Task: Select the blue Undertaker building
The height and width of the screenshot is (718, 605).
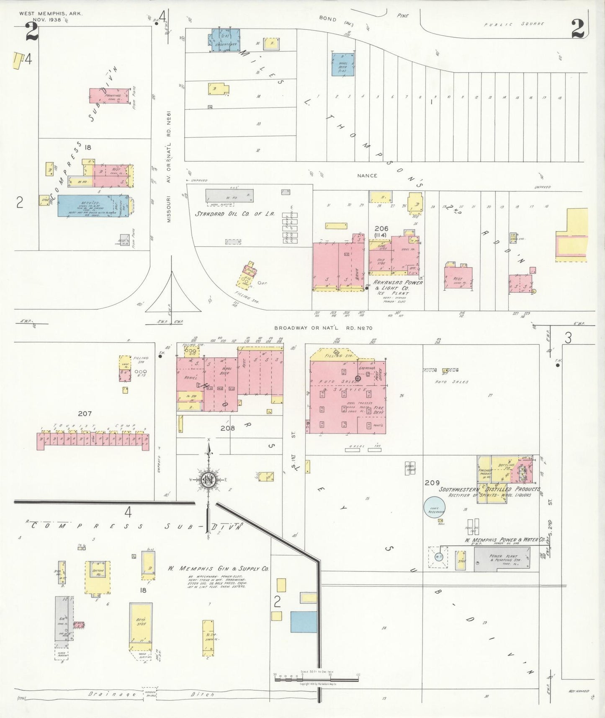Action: [x=225, y=41]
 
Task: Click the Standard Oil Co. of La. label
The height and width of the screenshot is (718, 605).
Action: [x=234, y=214]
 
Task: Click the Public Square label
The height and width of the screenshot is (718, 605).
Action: [x=514, y=24]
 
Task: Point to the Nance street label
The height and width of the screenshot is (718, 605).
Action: [x=367, y=176]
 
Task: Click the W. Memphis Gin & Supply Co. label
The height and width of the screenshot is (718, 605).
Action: [x=218, y=568]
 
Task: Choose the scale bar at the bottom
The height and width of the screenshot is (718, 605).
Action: [x=316, y=678]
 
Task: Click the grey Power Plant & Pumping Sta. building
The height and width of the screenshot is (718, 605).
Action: [x=502, y=559]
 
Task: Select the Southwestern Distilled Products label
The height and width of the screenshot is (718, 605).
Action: [x=489, y=489]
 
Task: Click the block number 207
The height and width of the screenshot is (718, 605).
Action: [x=85, y=413]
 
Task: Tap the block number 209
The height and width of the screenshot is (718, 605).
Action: [x=432, y=483]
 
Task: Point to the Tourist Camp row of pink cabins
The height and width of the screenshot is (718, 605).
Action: [x=93, y=441]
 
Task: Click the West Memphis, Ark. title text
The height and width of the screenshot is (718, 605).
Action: [x=51, y=13]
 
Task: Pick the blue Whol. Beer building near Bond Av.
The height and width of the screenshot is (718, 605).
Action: [x=343, y=64]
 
